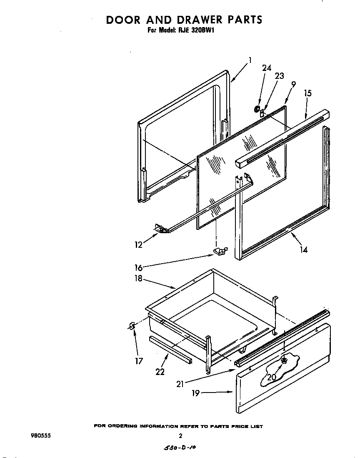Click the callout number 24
[267, 68]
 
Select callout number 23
[279, 76]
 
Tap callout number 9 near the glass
[293, 84]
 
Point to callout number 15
[307, 93]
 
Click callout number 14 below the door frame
[304, 250]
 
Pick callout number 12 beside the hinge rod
[139, 245]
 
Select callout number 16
[139, 267]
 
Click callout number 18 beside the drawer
[138, 279]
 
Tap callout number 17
[139, 361]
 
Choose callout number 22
[160, 372]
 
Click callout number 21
[180, 384]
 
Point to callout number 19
[195, 393]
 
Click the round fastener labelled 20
[284, 360]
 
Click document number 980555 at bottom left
[41, 436]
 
